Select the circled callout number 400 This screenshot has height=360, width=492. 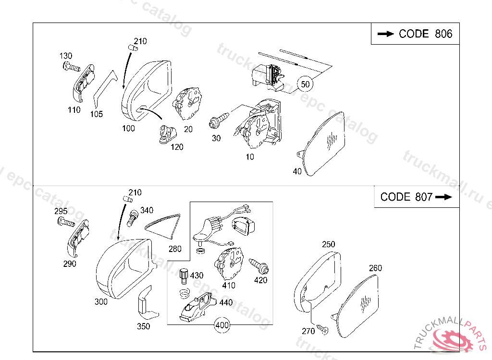point(222,325)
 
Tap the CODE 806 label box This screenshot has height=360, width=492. point(415,34)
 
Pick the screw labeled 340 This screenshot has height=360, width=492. point(131,218)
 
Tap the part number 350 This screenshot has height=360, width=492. point(143,326)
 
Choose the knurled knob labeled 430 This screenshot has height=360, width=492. point(183,276)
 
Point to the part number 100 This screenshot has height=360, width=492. point(128,128)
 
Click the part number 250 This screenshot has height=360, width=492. point(328,244)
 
